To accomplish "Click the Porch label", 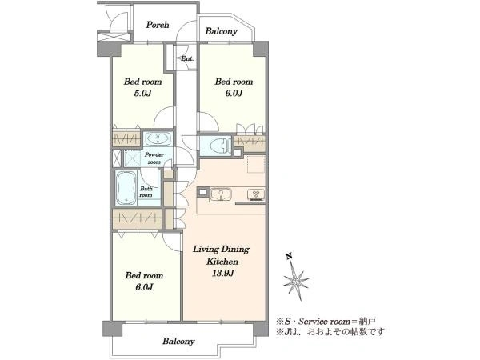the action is click(158, 25).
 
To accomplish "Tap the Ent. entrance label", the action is click(187, 58).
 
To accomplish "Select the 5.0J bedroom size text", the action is click(142, 93).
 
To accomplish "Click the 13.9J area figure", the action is click(223, 273).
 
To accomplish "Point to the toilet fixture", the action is click(220, 146).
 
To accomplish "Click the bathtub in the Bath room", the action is click(126, 187).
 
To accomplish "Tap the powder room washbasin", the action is click(158, 139).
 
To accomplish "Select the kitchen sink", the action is click(221, 194).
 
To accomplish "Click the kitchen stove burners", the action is click(256, 194).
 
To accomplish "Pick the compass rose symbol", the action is click(296, 281).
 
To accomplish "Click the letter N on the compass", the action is click(288, 257).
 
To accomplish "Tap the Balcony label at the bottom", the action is click(178, 341).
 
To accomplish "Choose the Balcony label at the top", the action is click(221, 31).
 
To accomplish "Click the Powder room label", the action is click(154, 158).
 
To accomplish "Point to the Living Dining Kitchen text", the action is click(222, 255).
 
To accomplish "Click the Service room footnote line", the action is click(326, 322).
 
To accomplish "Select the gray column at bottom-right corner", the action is click(261, 329).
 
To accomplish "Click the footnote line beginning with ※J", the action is click(330, 331).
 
